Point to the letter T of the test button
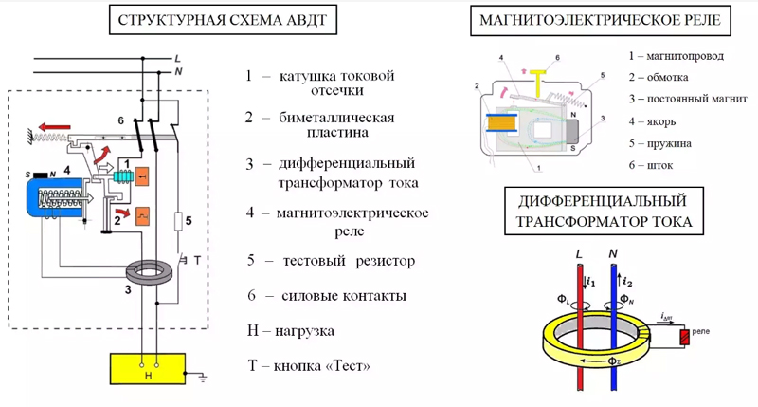(196, 259)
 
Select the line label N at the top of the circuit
(178, 72)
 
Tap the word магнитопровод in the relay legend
(687, 56)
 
